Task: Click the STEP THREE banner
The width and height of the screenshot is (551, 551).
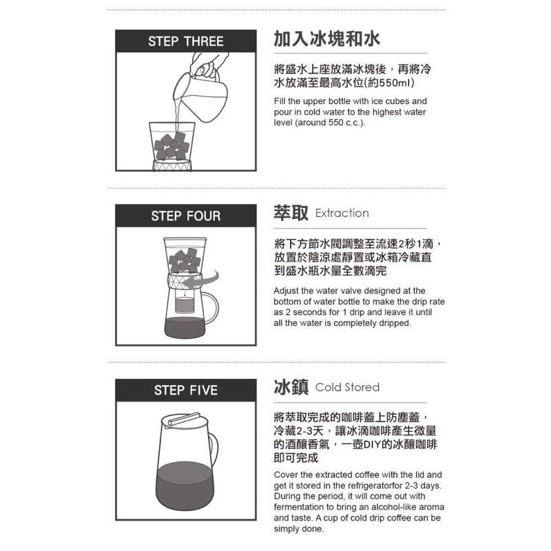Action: click(186, 42)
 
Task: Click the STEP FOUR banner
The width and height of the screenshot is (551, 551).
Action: click(186, 216)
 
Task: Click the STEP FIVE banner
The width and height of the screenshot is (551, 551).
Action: click(186, 391)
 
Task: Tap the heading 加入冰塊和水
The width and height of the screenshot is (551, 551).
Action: click(326, 39)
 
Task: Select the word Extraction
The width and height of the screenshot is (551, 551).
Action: click(342, 214)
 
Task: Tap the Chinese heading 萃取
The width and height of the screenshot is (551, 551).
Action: click(291, 213)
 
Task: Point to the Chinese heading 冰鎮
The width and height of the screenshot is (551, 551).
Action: click(291, 386)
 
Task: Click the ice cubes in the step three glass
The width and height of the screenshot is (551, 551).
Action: click(171, 145)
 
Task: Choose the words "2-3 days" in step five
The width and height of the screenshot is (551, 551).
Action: click(422, 486)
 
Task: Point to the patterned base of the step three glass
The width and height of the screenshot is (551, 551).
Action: click(171, 166)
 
